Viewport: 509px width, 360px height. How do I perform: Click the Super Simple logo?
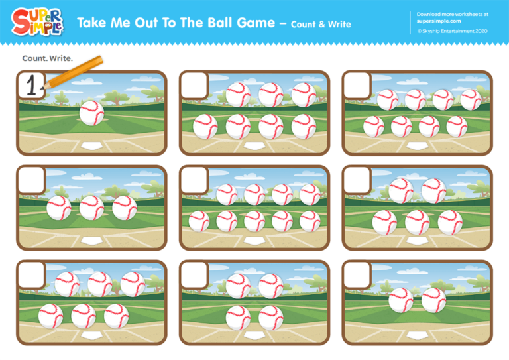(37, 22)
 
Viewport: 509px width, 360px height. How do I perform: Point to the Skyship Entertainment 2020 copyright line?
(452, 31)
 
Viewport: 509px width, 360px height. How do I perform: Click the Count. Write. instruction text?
(47, 58)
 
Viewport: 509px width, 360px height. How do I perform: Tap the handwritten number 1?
(30, 85)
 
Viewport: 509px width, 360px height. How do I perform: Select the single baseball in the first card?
(92, 113)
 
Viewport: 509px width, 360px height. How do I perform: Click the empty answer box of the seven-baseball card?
(194, 85)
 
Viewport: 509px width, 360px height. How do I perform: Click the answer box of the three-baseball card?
(30, 180)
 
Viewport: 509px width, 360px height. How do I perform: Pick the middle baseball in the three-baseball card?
(92, 208)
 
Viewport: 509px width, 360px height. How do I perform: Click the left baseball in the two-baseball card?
(401, 300)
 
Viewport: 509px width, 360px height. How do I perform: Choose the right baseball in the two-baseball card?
(434, 300)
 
